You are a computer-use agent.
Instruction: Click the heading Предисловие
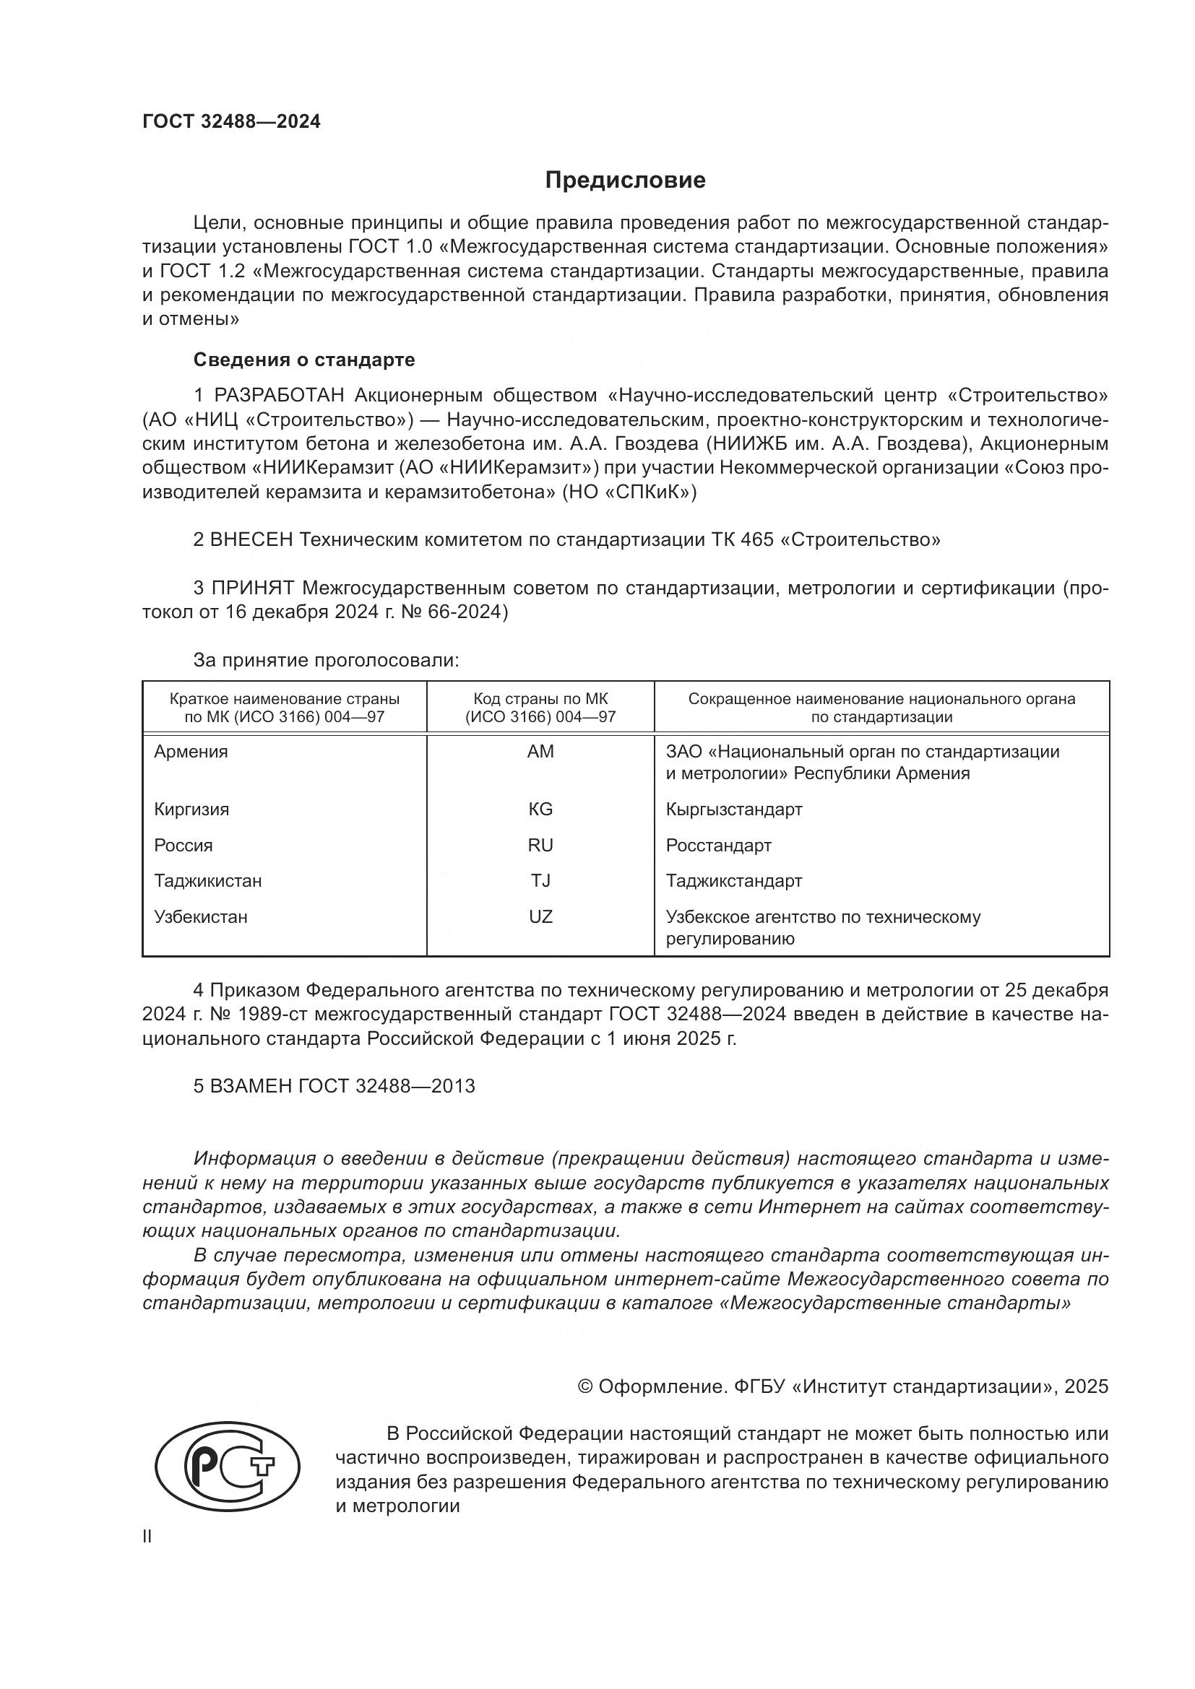(625, 181)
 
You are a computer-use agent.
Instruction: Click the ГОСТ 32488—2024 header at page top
(231, 122)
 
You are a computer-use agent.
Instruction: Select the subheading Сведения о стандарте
(304, 360)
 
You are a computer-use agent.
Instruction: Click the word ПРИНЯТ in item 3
(252, 588)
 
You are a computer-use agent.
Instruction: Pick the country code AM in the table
(540, 752)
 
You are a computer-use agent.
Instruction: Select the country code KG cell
(540, 809)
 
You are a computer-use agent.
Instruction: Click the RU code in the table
(540, 846)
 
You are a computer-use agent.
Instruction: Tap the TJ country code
(540, 880)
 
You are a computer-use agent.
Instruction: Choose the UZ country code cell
(540, 916)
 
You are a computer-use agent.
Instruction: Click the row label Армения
(191, 752)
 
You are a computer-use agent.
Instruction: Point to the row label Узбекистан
(200, 916)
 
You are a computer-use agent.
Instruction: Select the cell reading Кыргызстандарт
(733, 809)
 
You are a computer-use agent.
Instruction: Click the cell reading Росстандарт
(718, 846)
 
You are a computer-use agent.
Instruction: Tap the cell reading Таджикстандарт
(733, 880)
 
